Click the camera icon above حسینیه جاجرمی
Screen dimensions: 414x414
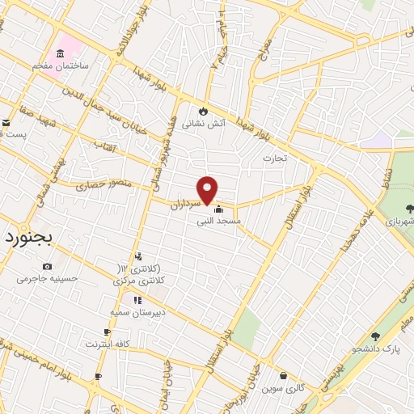[47, 267]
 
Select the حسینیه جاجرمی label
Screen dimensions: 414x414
[49, 279]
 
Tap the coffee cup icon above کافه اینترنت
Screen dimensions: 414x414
[107, 332]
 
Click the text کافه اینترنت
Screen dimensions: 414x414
[108, 344]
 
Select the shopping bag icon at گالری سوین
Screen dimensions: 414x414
[283, 375]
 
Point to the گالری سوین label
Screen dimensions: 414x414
[283, 388]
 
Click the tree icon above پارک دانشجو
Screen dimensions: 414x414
[374, 336]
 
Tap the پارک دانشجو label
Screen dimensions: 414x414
[376, 349]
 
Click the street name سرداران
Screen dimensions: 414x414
[184, 202]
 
